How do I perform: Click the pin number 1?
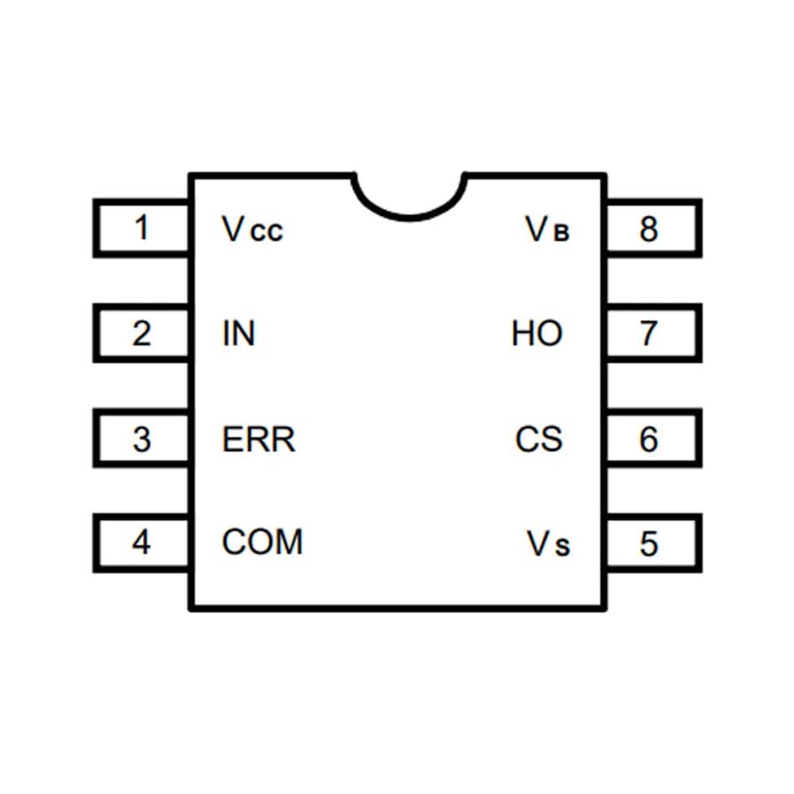[x=141, y=228]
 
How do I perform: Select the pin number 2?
[x=141, y=334]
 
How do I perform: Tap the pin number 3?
[x=141, y=438]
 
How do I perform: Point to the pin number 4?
[x=141, y=542]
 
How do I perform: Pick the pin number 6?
[x=649, y=438]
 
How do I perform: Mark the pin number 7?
[x=649, y=334]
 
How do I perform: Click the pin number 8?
[x=649, y=229]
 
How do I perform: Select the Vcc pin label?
[x=252, y=230]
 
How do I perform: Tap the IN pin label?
[x=238, y=334]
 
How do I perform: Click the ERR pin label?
[x=258, y=439]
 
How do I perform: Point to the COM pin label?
[x=262, y=542]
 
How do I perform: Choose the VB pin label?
[x=548, y=230]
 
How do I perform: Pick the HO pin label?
[x=536, y=334]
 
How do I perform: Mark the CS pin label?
[x=538, y=439]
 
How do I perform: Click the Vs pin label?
[x=549, y=544]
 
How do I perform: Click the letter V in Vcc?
[x=232, y=229]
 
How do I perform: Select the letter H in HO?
[x=522, y=334]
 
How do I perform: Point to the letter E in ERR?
[x=231, y=439]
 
